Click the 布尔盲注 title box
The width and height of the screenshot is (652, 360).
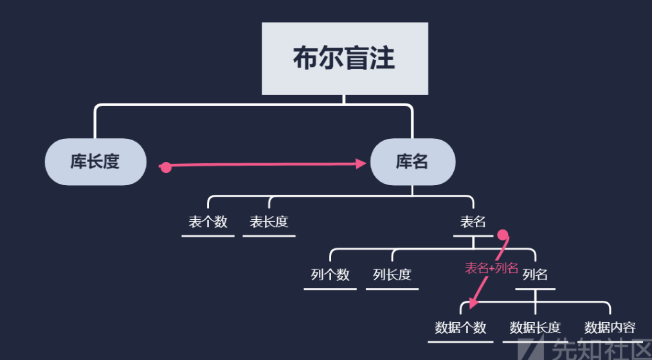tap(345, 59)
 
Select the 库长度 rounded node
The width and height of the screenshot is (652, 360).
tap(95, 161)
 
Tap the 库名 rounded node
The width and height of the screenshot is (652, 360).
tap(412, 161)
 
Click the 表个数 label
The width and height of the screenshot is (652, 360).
tap(208, 222)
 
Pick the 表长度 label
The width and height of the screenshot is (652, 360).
tap(269, 222)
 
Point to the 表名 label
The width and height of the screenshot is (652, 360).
tap(473, 222)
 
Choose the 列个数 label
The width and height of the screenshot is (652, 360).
tap(330, 274)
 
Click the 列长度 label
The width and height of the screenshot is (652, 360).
tap(392, 274)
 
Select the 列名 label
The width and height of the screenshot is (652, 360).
tap(535, 274)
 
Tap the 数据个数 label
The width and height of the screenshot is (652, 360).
tap(460, 327)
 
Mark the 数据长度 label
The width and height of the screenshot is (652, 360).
tap(535, 327)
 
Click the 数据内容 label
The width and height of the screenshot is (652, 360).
tap(610, 327)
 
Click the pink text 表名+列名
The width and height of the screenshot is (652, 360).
tap(491, 268)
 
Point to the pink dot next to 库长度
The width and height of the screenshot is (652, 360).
tap(165, 167)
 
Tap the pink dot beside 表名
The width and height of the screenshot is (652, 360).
tap(503, 235)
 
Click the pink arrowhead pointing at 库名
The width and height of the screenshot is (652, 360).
tap(362, 164)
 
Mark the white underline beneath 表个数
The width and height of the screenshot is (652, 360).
tap(208, 236)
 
